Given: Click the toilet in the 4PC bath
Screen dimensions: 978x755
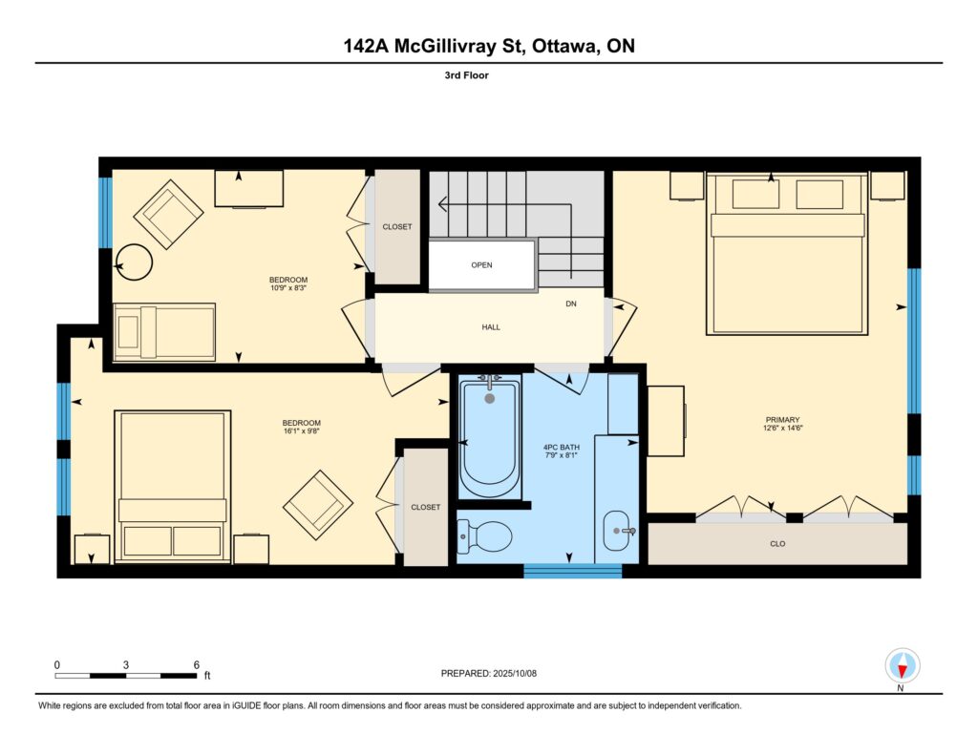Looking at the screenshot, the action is (x=484, y=536).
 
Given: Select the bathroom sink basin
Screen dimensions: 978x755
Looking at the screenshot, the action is (x=618, y=531).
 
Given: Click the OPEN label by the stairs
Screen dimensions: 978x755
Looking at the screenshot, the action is (x=481, y=265).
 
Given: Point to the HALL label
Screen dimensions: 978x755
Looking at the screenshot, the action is (x=491, y=326).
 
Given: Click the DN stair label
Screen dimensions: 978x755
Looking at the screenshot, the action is (x=571, y=304).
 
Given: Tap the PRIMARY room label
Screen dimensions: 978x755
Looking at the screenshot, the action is (x=782, y=420).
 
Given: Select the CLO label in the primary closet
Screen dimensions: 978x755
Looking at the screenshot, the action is (x=777, y=544).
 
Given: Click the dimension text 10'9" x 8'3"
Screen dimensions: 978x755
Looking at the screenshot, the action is (x=288, y=288).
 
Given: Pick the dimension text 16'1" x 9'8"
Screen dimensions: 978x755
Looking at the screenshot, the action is (x=301, y=430).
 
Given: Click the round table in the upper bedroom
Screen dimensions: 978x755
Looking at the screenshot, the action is (x=134, y=262).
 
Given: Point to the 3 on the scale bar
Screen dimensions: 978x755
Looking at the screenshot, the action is (x=126, y=664).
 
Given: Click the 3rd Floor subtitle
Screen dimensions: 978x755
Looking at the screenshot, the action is (x=466, y=75).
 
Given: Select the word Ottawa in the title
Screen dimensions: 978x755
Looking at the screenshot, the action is (x=563, y=46).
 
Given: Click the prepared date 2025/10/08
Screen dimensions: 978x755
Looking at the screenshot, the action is (x=515, y=673).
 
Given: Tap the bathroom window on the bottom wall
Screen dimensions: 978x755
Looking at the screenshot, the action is (x=573, y=571).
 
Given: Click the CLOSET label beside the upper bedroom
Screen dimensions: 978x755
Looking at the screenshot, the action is (x=397, y=227).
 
